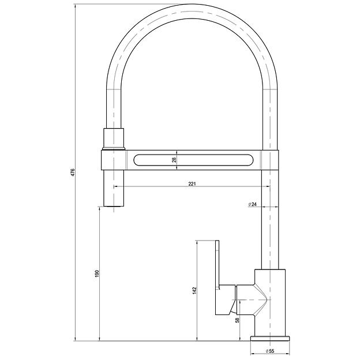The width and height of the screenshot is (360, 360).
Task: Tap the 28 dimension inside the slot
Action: pos(174,160)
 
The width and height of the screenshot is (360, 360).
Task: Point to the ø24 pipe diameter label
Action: pos(252,205)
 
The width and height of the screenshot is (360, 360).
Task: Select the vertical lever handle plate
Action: pos(218,277)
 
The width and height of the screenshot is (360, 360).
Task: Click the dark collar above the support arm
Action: pos(114,138)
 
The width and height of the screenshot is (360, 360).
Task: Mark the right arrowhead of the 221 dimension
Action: pos(267,187)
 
